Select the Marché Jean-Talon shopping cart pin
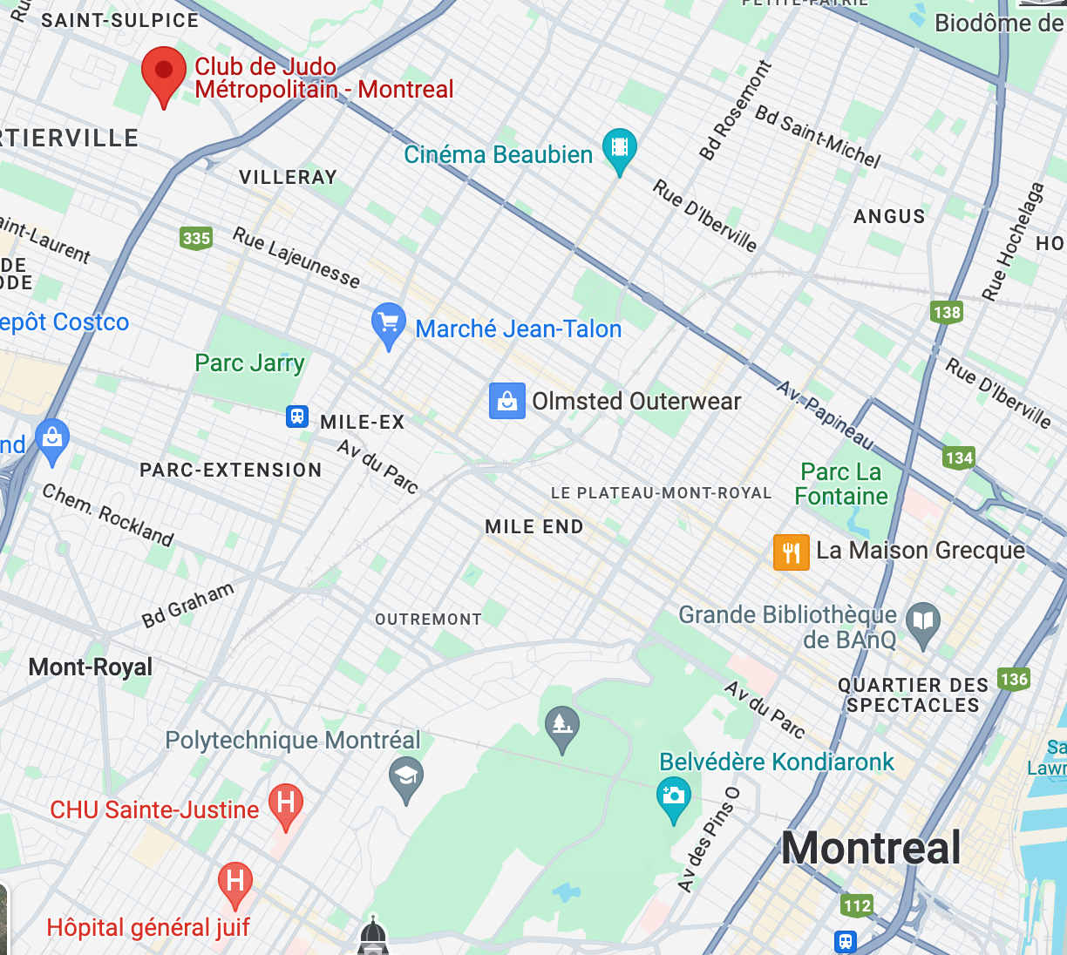388,323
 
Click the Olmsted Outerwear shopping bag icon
506,402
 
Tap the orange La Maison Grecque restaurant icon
792,552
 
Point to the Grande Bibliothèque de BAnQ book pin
922,622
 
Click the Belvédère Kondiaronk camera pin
673,796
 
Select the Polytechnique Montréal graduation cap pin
405,776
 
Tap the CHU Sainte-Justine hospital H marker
285,803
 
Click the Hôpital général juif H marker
234,881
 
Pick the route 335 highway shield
196,238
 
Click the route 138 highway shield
947,312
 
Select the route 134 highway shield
959,457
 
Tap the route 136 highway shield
1014,679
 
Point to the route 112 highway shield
857,905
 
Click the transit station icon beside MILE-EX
298,417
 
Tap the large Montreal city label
871,848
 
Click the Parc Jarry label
249,362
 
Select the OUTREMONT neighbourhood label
428,620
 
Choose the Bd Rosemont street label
736,111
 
